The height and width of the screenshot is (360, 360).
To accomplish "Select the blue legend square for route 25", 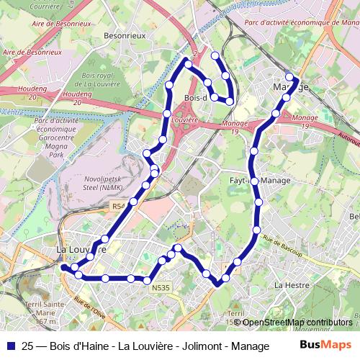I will click(x=11, y=344).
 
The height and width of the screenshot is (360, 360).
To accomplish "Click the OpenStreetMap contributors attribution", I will click(x=297, y=322).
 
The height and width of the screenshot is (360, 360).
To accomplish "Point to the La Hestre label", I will click(x=292, y=286).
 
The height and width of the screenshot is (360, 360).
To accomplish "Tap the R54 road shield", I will click(x=118, y=207).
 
